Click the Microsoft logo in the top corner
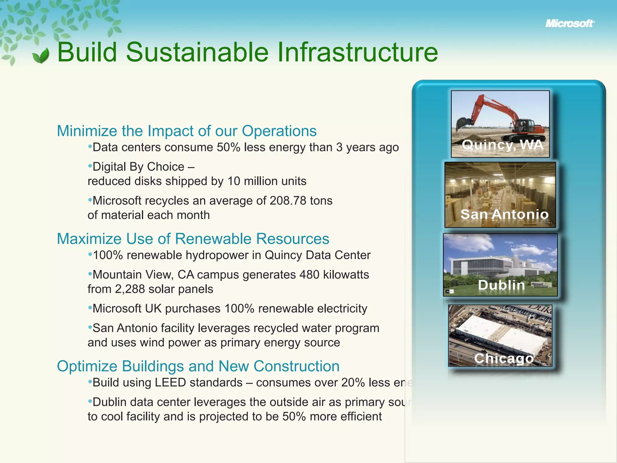(569, 24)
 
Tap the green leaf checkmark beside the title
(41, 56)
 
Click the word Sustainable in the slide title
(197, 52)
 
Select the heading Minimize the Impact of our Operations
(186, 131)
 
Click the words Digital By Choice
(138, 167)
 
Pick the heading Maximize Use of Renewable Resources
(193, 239)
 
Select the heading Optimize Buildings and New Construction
(198, 366)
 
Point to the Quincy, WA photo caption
(502, 145)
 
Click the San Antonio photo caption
(504, 214)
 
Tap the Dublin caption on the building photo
(501, 285)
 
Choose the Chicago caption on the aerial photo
(504, 358)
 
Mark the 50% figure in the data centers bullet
(228, 147)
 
